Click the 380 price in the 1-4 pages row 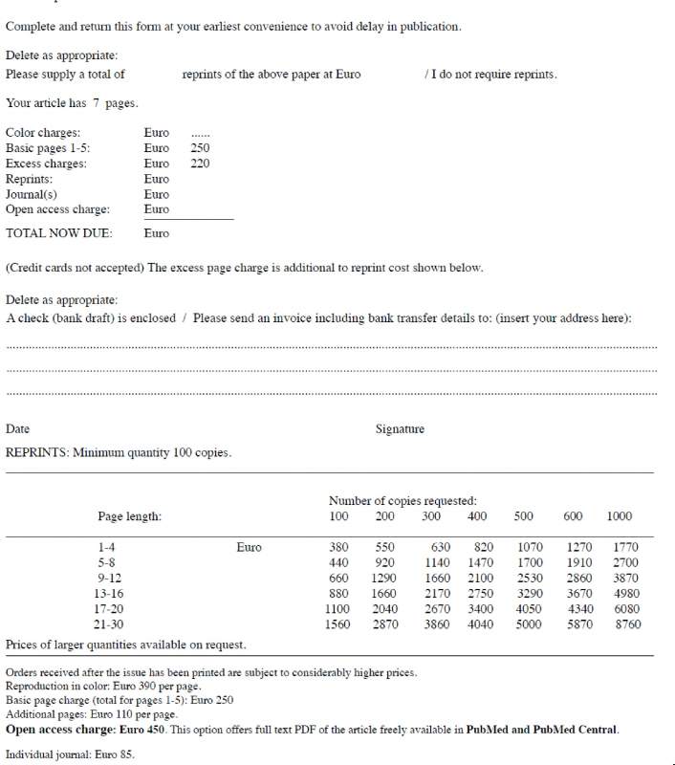[x=338, y=548]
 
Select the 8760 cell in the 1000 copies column [x=626, y=624]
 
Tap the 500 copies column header [x=523, y=516]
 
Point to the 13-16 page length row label [x=110, y=594]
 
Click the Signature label [x=400, y=429]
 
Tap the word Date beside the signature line [x=17, y=429]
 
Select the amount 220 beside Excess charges [x=200, y=164]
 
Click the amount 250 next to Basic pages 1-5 [x=200, y=148]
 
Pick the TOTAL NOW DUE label [x=58, y=232]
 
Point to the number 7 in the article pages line [x=97, y=103]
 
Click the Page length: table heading [x=129, y=516]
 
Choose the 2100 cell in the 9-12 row [x=480, y=579]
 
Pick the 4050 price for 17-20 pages [x=529, y=609]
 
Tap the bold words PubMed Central [x=577, y=730]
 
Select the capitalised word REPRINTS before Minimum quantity [x=36, y=452]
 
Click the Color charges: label [x=43, y=133]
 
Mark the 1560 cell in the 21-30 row [x=338, y=624]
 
